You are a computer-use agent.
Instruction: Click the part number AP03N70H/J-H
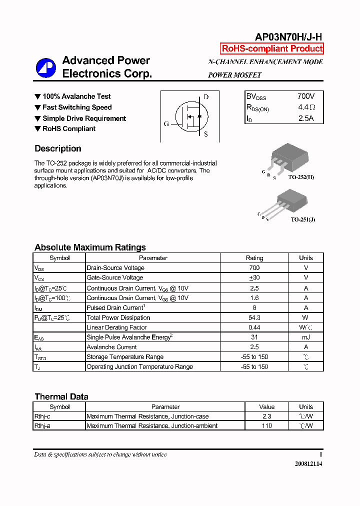tap(289, 36)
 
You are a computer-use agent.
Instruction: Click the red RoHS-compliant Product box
tap(272, 48)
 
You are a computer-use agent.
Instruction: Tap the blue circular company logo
tap(45, 68)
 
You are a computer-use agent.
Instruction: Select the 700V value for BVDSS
tap(305, 96)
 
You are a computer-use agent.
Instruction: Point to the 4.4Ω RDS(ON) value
tap(306, 107)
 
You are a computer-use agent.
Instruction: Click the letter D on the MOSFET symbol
tap(206, 97)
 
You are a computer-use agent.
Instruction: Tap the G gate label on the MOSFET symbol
tap(166, 123)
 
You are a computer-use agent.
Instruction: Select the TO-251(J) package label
tap(303, 219)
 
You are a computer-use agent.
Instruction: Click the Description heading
tap(57, 148)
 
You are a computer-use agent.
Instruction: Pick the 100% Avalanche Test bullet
tap(76, 96)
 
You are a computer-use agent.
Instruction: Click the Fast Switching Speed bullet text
tap(77, 107)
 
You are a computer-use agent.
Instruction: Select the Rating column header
tap(254, 258)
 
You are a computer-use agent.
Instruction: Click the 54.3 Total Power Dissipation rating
tap(254, 317)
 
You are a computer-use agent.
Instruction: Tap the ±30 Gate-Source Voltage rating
tap(254, 277)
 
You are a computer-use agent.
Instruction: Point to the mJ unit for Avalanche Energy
tap(305, 337)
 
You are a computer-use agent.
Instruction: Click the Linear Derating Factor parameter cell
tap(116, 327)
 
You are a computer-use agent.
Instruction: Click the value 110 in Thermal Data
tap(266, 426)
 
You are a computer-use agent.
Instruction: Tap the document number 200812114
tap(308, 464)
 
